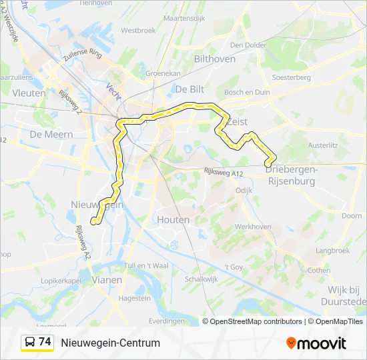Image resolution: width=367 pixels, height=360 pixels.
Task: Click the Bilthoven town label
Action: [214, 59]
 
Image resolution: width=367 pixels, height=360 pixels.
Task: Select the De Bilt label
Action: [190, 89]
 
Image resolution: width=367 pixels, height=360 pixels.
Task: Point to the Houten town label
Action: [173, 219]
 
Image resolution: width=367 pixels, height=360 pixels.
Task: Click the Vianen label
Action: [107, 280]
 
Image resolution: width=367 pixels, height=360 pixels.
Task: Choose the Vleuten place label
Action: [29, 93]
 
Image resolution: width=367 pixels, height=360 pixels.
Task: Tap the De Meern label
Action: [46, 133]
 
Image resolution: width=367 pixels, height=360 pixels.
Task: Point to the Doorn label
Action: [352, 216]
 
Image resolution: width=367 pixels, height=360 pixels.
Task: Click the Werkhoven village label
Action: [253, 227]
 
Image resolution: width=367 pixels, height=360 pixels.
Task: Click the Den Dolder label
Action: [244, 45]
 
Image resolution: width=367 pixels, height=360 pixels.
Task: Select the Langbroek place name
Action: [332, 251]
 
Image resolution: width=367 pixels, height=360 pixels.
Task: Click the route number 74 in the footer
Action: [45, 342]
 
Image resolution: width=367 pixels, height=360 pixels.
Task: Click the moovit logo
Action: [316, 343]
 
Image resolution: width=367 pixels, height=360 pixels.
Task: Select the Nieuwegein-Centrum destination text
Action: [111, 343]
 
